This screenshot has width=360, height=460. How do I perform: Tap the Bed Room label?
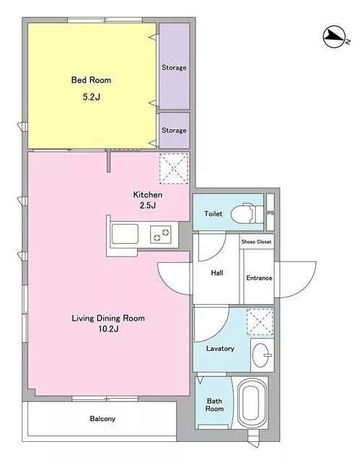[91, 79]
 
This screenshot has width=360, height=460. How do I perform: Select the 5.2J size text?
[92, 97]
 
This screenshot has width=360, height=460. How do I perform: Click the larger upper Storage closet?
[174, 66]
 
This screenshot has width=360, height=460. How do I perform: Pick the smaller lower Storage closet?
[174, 130]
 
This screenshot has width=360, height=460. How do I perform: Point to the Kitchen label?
[147, 194]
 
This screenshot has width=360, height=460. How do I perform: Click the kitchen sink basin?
[125, 234]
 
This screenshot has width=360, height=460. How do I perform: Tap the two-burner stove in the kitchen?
[161, 234]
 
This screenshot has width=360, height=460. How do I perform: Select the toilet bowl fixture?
[247, 214]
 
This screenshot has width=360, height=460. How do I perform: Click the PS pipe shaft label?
[271, 213]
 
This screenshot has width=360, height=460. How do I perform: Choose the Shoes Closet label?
[256, 242]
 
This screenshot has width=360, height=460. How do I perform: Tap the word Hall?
[217, 273]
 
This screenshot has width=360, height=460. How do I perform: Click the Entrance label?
[259, 278]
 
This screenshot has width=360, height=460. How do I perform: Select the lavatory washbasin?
[261, 355]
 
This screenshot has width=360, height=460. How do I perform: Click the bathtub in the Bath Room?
[253, 403]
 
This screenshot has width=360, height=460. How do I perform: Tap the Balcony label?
[102, 419]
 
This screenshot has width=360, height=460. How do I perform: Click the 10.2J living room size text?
[108, 329]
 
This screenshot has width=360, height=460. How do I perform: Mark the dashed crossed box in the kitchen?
[174, 169]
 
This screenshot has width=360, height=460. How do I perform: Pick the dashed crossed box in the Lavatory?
[260, 321]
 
